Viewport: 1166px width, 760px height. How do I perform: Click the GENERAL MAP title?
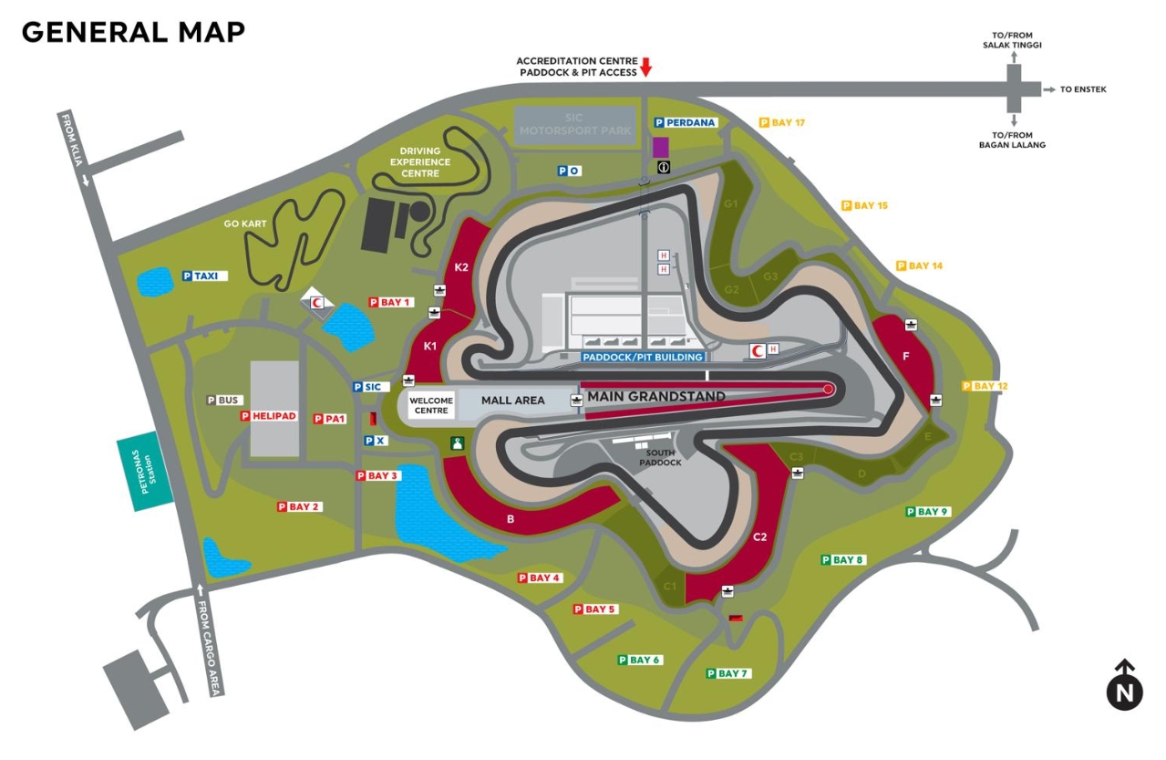133,32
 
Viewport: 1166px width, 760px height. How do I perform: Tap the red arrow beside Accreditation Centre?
646,68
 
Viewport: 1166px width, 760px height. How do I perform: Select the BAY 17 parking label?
782,122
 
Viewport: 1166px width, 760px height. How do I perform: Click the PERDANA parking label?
686,122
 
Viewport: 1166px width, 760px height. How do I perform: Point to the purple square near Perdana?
661,147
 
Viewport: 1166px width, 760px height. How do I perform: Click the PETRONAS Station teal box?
145,472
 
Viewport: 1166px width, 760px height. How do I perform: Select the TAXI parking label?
205,276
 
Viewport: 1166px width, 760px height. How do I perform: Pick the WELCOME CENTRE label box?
431,405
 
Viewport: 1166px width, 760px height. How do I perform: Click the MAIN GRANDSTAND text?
656,396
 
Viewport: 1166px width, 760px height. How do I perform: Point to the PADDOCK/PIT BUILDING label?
643,357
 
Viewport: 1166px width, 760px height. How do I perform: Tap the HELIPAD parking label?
269,416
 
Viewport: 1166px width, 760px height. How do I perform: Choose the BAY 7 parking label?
728,673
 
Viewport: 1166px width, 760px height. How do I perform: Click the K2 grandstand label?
461,267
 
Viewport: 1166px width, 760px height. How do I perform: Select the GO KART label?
245,224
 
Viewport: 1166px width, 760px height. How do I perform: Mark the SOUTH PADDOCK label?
660,457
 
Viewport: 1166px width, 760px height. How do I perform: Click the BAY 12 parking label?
985,386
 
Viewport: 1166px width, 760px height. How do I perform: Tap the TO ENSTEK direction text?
1083,89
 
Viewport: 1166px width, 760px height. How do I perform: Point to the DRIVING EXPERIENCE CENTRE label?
420,162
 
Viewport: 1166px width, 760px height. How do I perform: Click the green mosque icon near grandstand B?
457,443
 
